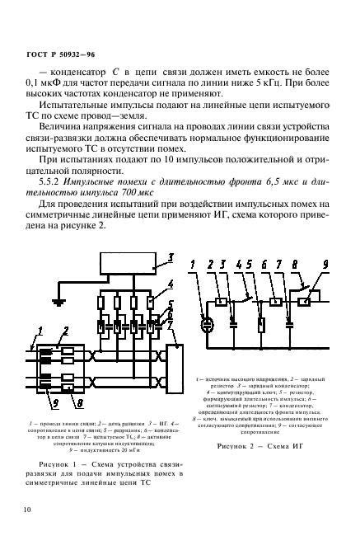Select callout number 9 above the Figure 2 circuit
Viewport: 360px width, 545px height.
pos(325,288)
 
